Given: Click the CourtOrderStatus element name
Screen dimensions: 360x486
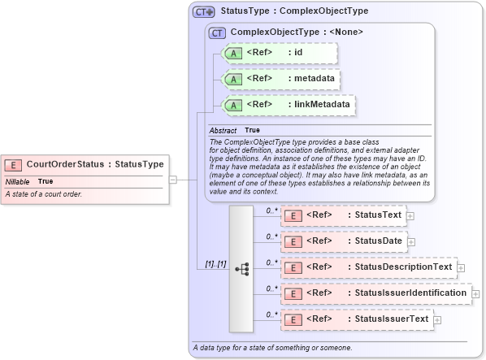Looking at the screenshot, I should click(65, 164).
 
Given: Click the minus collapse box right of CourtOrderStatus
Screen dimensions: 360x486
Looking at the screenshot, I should click(173, 180).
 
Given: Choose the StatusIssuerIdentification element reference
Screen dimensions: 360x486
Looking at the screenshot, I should click(375, 293).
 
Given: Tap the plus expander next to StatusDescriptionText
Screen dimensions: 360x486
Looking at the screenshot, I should click(461, 267).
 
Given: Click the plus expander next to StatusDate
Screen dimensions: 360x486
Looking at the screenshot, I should click(411, 241).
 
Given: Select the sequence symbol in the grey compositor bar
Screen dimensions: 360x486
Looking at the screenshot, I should click(242, 267).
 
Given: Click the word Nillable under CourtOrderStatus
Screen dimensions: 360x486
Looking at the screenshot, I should click(17, 181).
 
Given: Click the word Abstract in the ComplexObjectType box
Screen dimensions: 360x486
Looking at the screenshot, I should click(223, 130).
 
